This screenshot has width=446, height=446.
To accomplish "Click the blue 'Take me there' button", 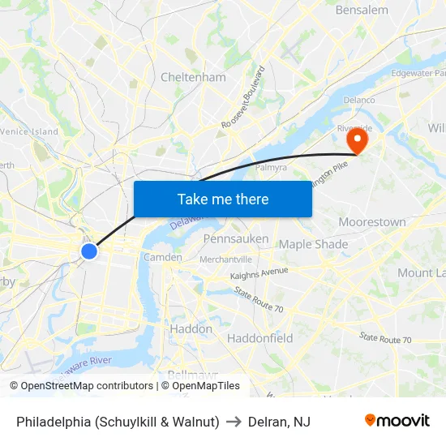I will point(222,199).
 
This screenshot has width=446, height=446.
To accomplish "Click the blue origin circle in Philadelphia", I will point(89,251).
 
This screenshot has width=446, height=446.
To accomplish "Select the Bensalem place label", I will point(361,11).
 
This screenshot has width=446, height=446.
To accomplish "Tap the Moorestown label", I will point(371,222).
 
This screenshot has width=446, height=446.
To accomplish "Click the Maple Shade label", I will point(313,244).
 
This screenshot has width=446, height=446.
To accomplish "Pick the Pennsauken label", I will point(236,239).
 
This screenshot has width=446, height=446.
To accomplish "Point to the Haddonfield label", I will point(259,337).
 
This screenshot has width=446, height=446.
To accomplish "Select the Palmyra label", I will point(271,168).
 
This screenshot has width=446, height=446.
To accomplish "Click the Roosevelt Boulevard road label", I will point(243,97).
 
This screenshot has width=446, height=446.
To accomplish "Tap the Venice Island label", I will point(29,131).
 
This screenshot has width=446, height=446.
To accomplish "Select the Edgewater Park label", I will point(417,73).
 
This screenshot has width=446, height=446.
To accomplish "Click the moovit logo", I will point(397,421).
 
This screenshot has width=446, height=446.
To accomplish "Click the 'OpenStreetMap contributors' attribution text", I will point(87,386).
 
